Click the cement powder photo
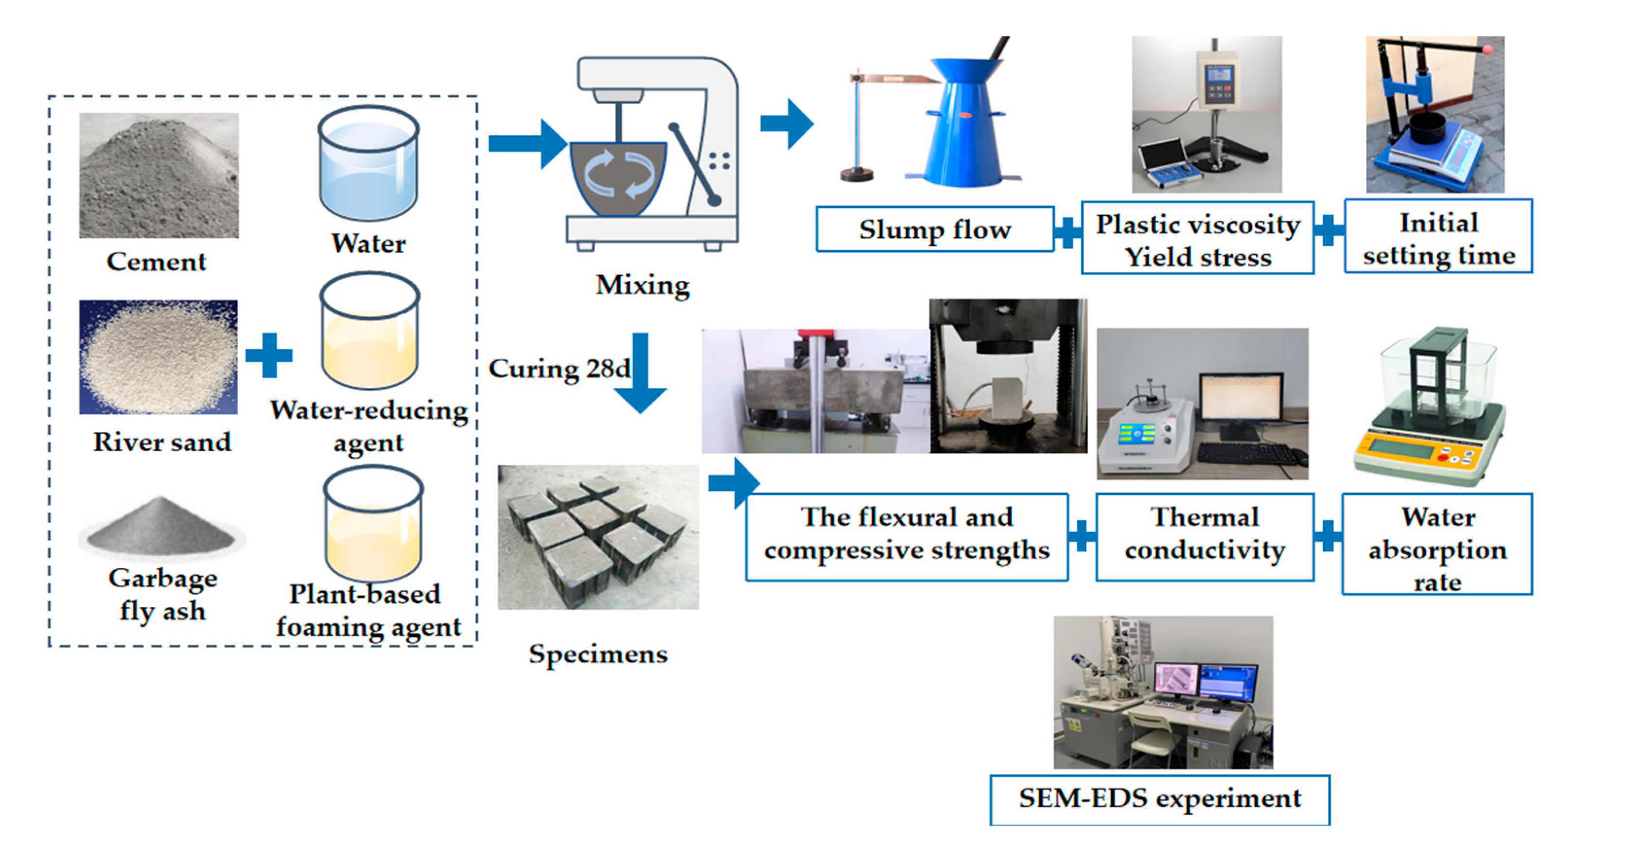pyautogui.click(x=159, y=176)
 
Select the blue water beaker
pyautogui.click(x=368, y=165)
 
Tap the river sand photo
pyautogui.click(x=158, y=357)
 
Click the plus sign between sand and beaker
pyautogui.click(x=269, y=355)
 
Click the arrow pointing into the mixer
pyautogui.click(x=527, y=144)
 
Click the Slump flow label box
pyautogui.click(x=934, y=229)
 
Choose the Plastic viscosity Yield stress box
pyautogui.click(x=1197, y=239)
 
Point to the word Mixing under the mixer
pyautogui.click(x=643, y=285)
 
